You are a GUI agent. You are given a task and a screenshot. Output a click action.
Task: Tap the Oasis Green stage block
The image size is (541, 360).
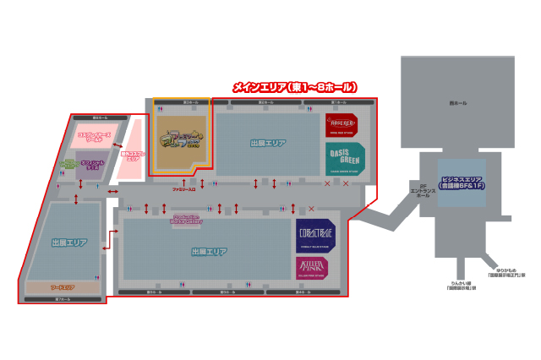pyautogui.click(x=344, y=159)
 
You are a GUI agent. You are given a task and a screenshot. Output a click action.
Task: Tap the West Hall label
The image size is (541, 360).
pyautogui.click(x=457, y=103)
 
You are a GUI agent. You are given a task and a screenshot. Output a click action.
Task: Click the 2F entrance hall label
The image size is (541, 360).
pyautogui.click(x=420, y=190)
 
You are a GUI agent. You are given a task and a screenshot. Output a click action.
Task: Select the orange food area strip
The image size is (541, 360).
pyautogui.click(x=63, y=287)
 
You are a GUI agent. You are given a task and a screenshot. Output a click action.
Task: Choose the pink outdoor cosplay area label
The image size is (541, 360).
pyautogui.click(x=133, y=156)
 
